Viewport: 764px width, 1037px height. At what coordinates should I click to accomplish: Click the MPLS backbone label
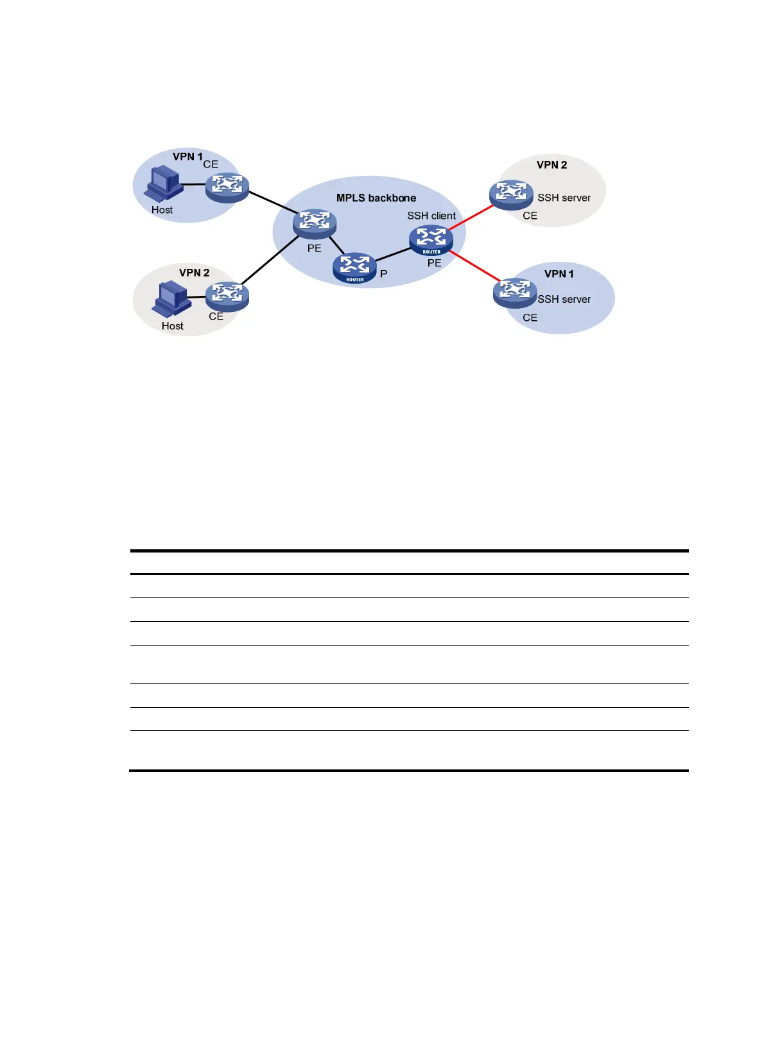pyautogui.click(x=376, y=198)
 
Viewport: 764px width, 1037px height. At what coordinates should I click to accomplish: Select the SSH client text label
pyautogui.click(x=431, y=216)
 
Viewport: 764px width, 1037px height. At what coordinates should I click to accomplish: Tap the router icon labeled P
pyautogui.click(x=354, y=268)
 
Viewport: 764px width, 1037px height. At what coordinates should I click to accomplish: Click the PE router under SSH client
pyautogui.click(x=431, y=240)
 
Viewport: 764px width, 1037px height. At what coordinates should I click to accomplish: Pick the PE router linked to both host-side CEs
pyautogui.click(x=315, y=223)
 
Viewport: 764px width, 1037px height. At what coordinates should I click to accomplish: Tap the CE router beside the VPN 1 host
pyautogui.click(x=227, y=187)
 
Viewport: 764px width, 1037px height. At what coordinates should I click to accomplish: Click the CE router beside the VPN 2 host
pyautogui.click(x=227, y=296)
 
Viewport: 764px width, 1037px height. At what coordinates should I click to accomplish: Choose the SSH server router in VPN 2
pyautogui.click(x=511, y=194)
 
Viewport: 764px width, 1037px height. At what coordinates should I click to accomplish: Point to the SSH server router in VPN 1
pyautogui.click(x=514, y=292)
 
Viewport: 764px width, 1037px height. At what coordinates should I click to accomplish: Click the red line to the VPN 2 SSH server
pyautogui.click(x=472, y=217)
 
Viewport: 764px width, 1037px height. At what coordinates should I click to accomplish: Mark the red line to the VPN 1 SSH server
pyautogui.click(x=474, y=266)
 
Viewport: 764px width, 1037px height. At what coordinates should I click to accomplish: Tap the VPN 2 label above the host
pyautogui.click(x=194, y=273)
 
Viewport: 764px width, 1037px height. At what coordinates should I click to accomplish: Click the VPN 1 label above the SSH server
pyautogui.click(x=559, y=274)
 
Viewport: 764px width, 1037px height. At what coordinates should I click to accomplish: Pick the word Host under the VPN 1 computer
pyautogui.click(x=162, y=210)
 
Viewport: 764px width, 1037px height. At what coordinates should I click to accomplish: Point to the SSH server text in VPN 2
pyautogui.click(x=564, y=198)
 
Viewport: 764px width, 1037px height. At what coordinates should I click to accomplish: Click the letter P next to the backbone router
pyautogui.click(x=384, y=274)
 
